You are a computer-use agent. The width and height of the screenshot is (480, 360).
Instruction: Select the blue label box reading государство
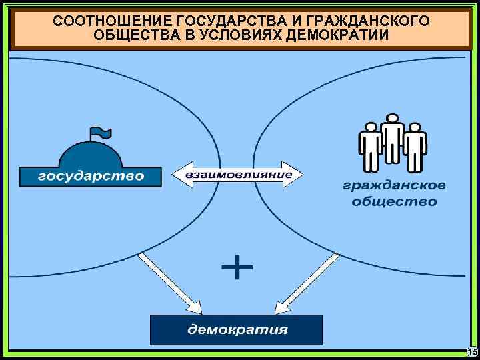pos(91,176)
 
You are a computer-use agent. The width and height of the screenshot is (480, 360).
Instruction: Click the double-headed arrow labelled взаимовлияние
pos(238,175)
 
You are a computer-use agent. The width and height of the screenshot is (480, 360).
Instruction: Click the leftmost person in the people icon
pos(369,146)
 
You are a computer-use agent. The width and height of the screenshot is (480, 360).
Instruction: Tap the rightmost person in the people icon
pos(415,146)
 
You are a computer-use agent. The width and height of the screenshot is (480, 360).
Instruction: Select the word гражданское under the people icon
pos(395,186)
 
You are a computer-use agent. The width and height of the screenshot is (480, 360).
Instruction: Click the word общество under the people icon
pos(395,201)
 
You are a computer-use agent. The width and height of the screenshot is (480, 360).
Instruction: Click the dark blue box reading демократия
pos(237,329)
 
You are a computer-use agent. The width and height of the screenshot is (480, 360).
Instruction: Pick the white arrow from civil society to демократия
pos(307,283)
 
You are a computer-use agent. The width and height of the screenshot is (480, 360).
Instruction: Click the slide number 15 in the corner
pos(472,352)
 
